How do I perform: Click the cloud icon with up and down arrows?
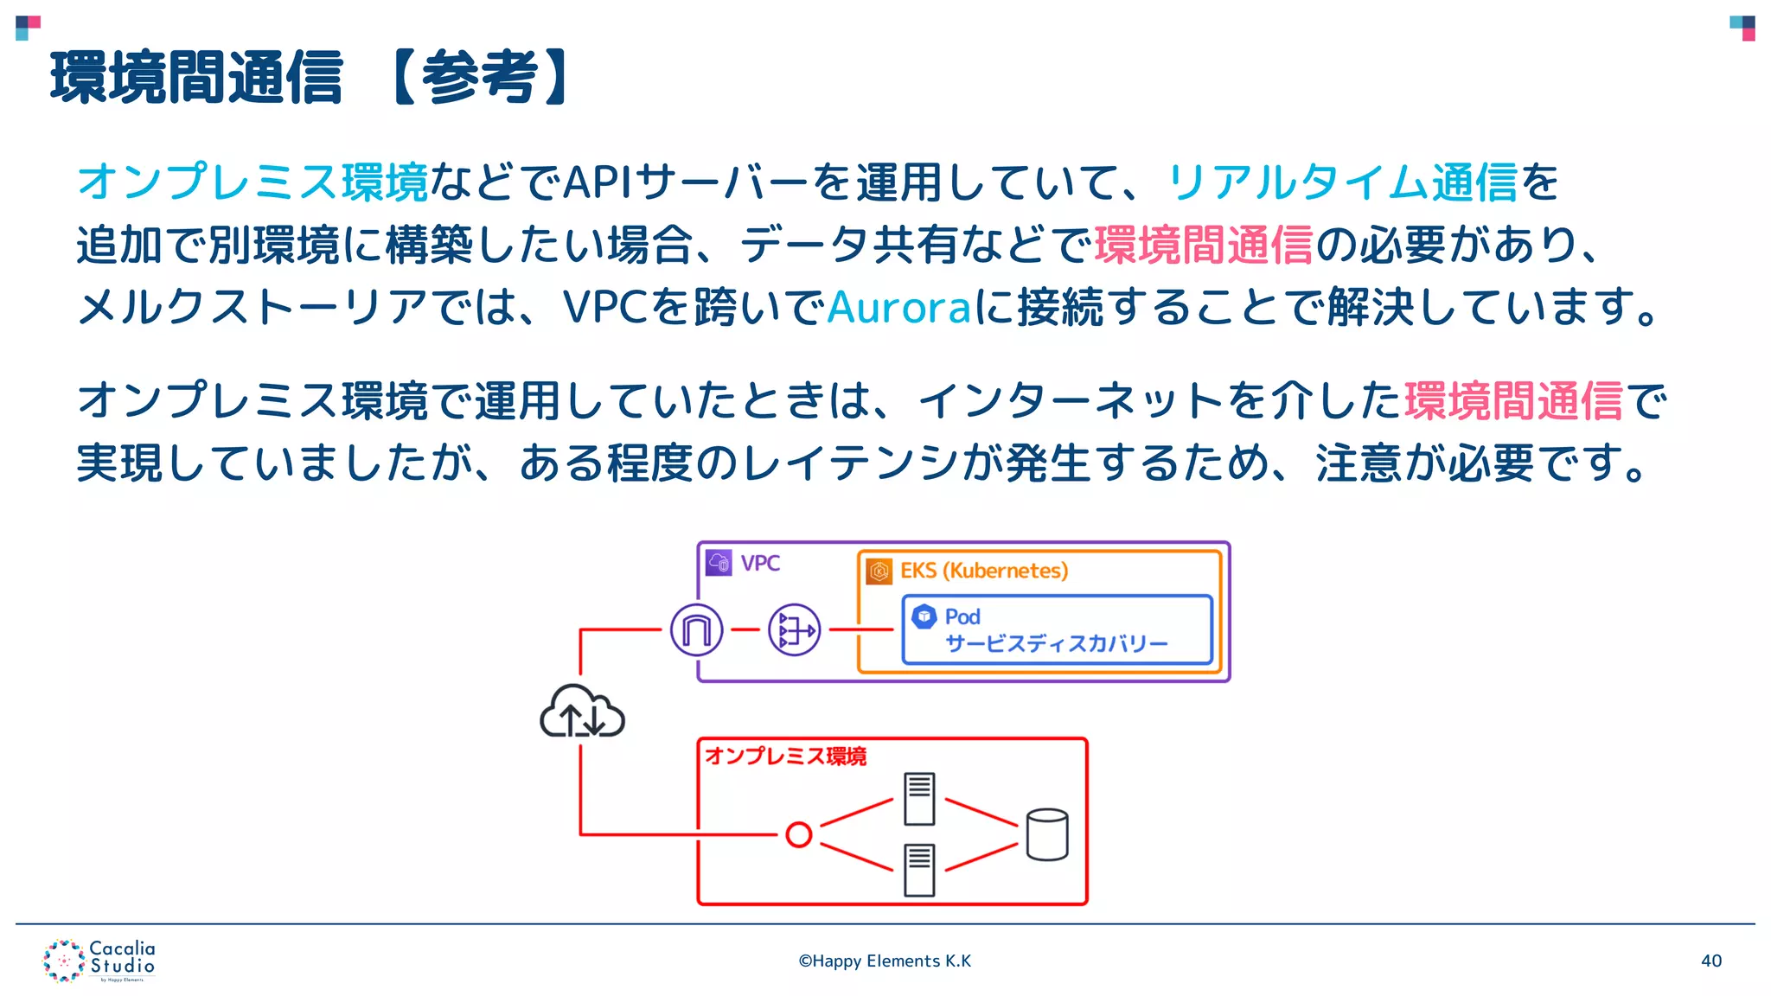[582, 712]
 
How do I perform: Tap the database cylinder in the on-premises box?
[1047, 834]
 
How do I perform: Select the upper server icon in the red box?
[919, 799]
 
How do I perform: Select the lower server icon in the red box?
[919, 870]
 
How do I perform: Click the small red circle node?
[799, 834]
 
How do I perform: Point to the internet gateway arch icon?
[696, 629]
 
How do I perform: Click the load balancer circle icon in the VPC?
[794, 629]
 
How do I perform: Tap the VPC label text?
[760, 564]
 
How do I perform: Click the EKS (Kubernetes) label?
[984, 571]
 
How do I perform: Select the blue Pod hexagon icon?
[924, 616]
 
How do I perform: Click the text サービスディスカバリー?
[1056, 643]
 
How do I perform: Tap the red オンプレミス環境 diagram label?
[785, 756]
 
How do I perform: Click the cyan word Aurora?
[899, 307]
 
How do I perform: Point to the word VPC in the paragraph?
[605, 307]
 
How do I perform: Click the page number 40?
[1710, 961]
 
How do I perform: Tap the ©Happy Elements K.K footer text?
[885, 961]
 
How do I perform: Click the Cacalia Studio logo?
[99, 961]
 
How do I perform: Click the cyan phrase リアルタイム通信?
[1342, 182]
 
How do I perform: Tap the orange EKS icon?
[879, 571]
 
